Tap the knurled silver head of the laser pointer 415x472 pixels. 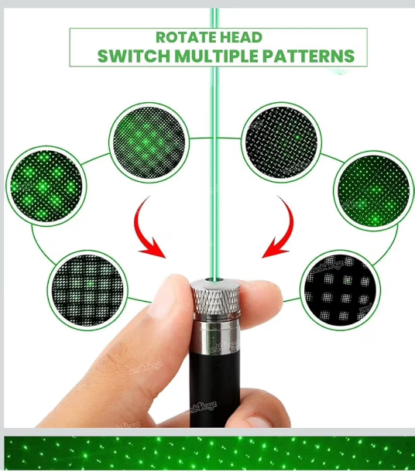(x=215, y=298)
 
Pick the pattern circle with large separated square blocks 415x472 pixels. (x=341, y=290)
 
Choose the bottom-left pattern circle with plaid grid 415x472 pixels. (x=87, y=290)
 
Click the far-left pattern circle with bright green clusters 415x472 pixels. (x=46, y=186)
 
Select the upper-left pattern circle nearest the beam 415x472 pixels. (x=149, y=142)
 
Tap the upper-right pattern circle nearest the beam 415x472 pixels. (x=281, y=142)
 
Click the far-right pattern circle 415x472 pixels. (x=374, y=190)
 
